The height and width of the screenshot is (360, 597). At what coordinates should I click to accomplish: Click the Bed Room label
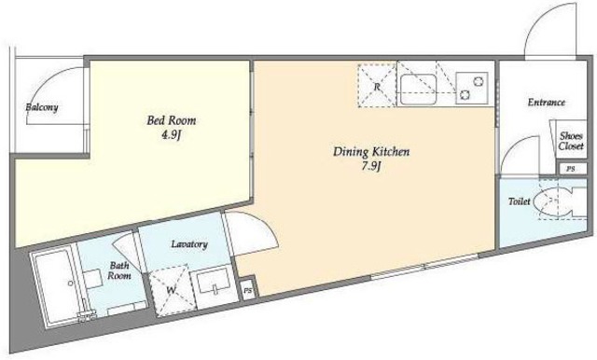click(x=172, y=120)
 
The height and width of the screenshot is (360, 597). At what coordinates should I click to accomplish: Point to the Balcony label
click(x=42, y=107)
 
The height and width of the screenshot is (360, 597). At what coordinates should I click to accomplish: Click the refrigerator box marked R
click(x=377, y=86)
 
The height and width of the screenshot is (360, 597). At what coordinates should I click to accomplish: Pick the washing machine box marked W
click(x=172, y=289)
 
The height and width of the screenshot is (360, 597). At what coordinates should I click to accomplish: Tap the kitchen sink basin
click(x=419, y=90)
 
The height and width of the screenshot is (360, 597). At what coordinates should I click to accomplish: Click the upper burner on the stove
click(x=479, y=81)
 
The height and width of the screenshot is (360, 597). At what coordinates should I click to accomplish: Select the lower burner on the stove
click(x=465, y=94)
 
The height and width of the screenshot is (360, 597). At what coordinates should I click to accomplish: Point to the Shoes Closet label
click(x=571, y=141)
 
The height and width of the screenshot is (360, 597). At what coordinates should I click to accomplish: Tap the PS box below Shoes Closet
click(x=570, y=169)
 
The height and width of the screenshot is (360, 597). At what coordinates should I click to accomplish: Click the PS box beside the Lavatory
click(x=248, y=291)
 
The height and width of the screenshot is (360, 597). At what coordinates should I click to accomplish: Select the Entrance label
click(x=547, y=103)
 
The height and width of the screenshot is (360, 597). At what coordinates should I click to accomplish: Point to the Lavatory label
click(x=189, y=244)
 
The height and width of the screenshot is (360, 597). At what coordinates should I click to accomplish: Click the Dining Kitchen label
click(x=371, y=152)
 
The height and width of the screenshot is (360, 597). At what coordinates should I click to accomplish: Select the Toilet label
click(x=520, y=201)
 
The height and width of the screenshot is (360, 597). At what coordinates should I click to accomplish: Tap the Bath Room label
click(x=119, y=270)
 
